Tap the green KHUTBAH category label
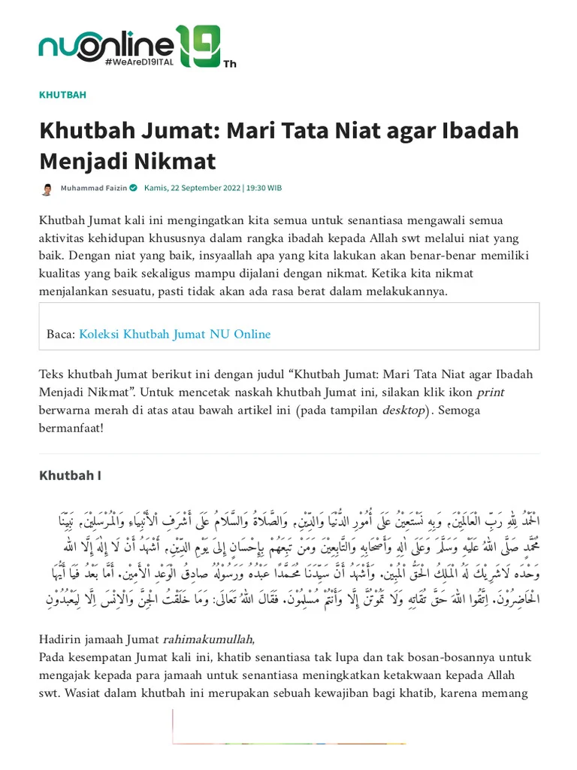62,95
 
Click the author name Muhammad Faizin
94,188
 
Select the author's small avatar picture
47,189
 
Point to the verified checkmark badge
133,188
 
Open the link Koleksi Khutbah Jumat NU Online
174,334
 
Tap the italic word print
490,392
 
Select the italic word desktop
403,411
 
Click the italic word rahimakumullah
209,639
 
